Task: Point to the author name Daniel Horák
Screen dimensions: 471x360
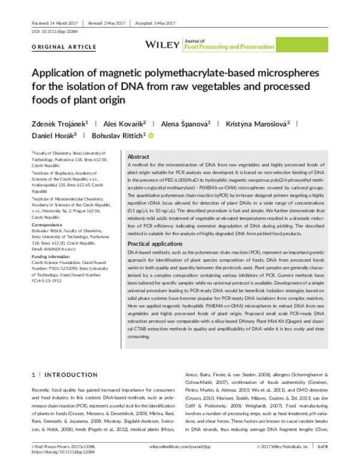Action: click(50, 137)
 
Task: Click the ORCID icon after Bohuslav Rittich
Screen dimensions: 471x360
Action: click(151, 137)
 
